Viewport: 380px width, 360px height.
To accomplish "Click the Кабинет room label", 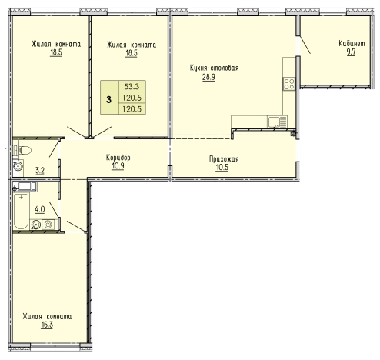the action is (352, 43).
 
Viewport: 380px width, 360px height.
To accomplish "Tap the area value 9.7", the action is (351, 52).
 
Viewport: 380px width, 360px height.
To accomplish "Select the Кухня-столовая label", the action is (214, 68).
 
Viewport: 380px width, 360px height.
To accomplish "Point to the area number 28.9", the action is (208, 77).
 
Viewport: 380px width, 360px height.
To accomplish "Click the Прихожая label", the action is (224, 159).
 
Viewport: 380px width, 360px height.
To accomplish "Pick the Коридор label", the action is (118, 158).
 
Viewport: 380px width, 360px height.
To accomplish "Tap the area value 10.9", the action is (118, 166).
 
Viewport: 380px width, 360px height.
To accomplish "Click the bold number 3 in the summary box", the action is (108, 99).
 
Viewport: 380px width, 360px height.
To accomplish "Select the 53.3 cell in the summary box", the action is (132, 86).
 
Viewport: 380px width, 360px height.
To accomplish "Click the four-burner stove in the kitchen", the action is (289, 84).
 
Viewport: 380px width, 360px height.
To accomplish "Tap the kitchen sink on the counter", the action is (277, 122).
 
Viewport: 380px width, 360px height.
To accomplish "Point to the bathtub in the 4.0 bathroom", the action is (21, 212).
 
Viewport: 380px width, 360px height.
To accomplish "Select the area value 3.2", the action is (40, 171).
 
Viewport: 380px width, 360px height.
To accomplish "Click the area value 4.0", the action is (40, 209).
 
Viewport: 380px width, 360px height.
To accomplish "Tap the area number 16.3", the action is (47, 325).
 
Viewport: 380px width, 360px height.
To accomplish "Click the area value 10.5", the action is (222, 168).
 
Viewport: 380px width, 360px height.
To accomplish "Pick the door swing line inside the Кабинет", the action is (305, 45).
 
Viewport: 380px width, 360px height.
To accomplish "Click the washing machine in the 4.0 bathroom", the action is (48, 225).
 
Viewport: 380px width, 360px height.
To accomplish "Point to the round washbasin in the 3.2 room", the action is (18, 166).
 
